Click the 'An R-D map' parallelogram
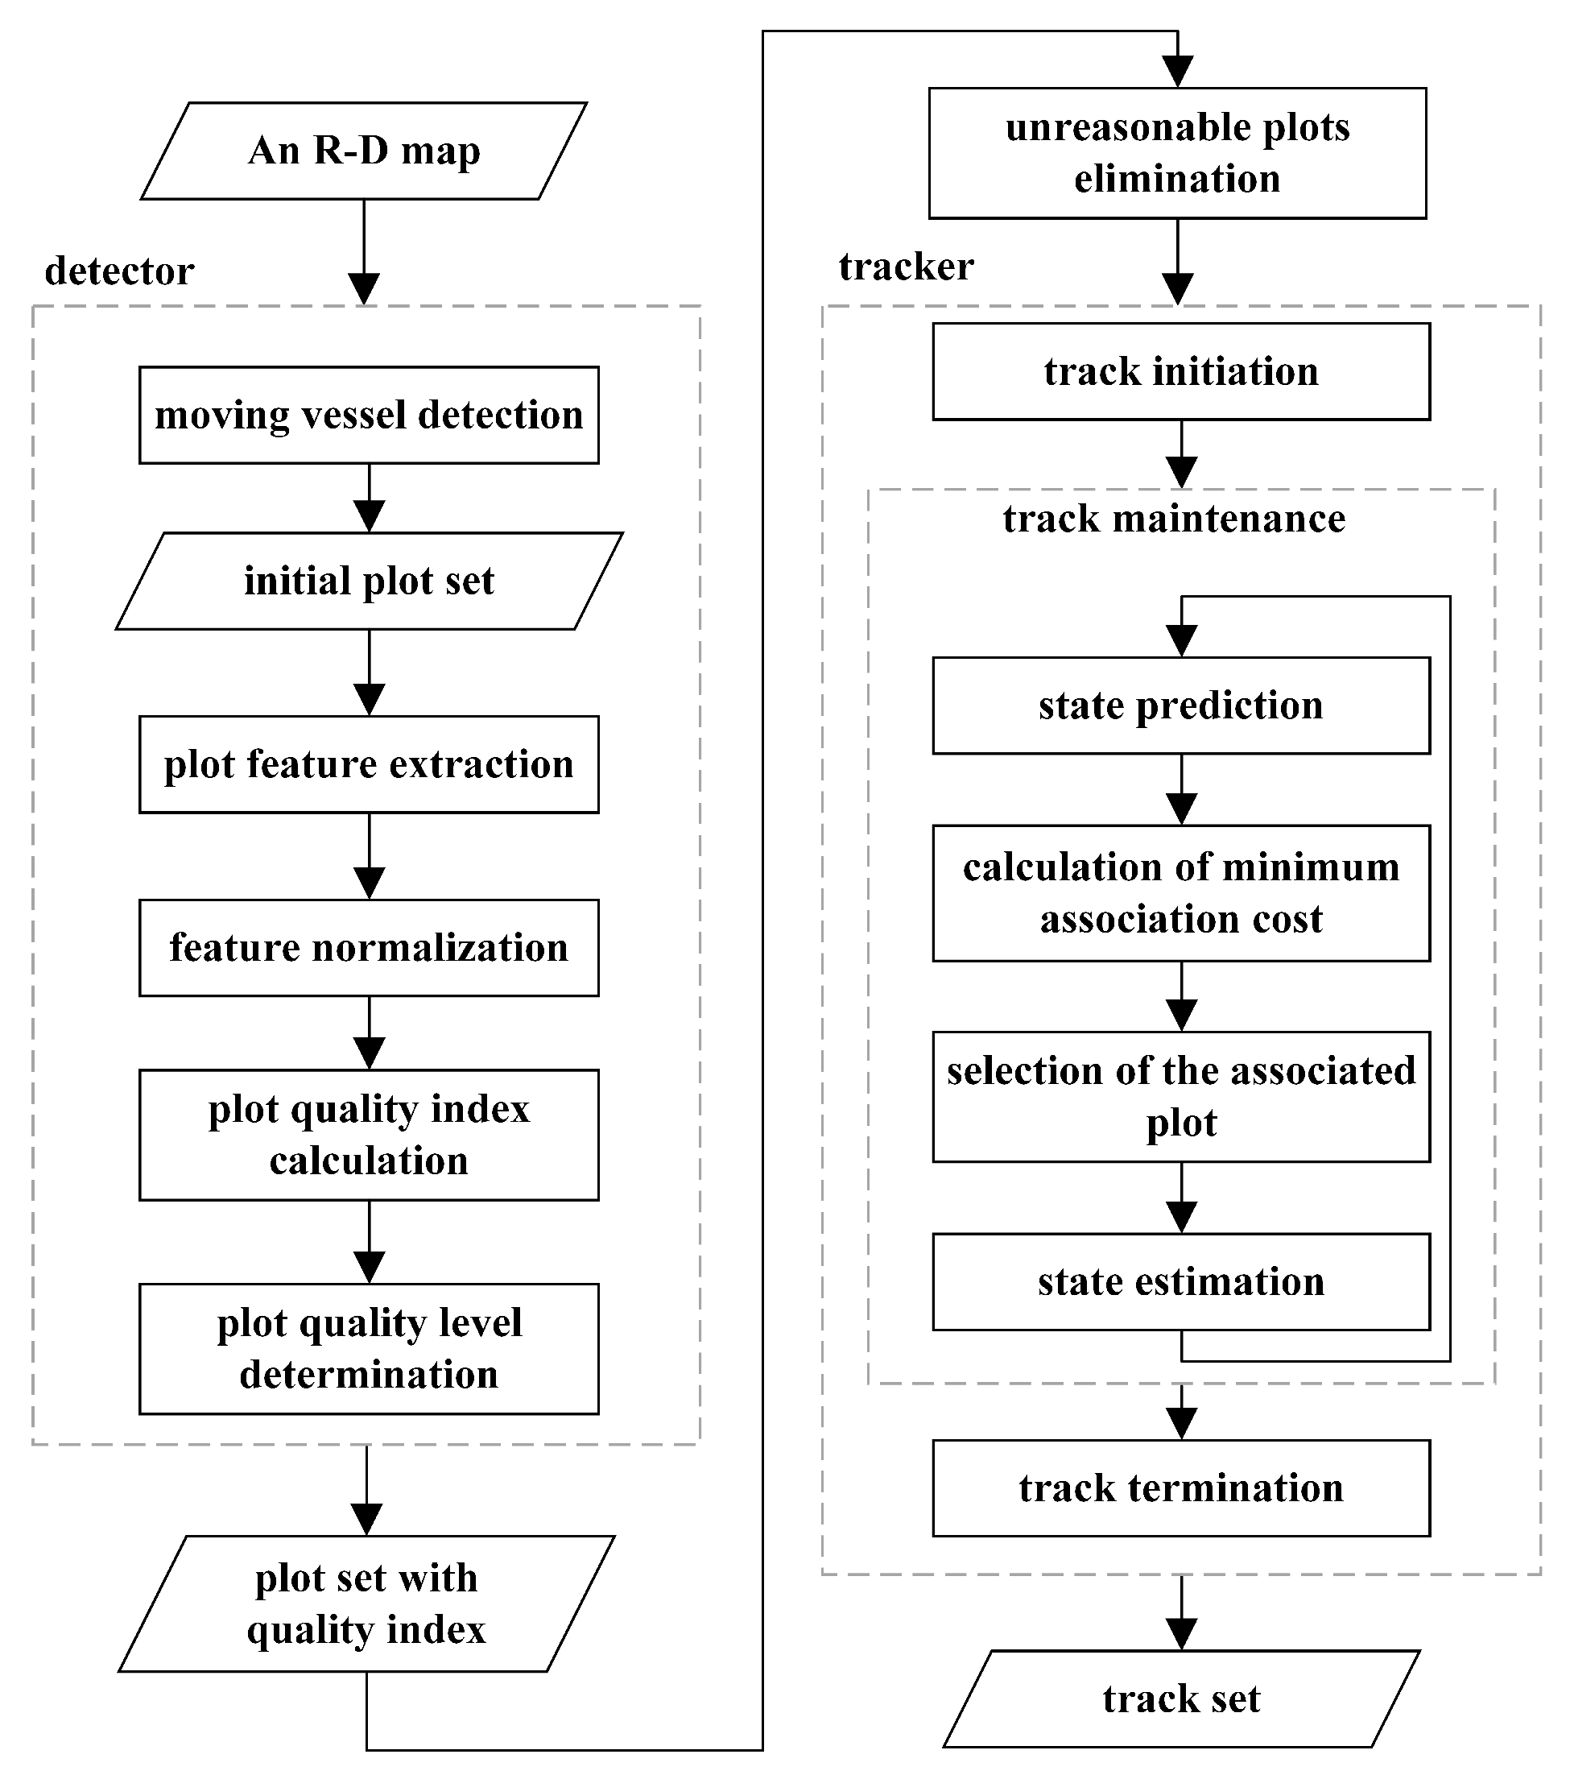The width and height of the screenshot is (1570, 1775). click(x=364, y=151)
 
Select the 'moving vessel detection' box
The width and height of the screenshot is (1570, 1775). click(x=368, y=415)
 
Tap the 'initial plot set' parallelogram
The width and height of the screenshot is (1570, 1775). click(x=369, y=581)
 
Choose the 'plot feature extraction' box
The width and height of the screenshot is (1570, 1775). click(x=368, y=764)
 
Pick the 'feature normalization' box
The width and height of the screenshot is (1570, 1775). click(x=368, y=947)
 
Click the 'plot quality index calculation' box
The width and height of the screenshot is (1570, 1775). click(x=368, y=1134)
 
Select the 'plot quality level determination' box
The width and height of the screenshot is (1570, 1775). click(x=368, y=1349)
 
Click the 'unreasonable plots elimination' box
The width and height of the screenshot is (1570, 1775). click(x=1176, y=153)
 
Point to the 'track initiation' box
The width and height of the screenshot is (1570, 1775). click(x=1181, y=372)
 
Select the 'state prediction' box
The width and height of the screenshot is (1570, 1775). click(x=1181, y=705)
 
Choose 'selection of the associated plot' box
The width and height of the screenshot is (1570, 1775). click(x=1181, y=1097)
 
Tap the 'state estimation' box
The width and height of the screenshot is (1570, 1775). click(x=1181, y=1282)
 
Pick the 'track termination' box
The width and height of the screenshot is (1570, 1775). click(x=1181, y=1488)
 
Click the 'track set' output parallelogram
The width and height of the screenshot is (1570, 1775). click(x=1181, y=1698)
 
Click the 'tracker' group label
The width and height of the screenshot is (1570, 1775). click(x=906, y=267)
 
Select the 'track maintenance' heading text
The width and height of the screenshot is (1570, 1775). click(x=1174, y=519)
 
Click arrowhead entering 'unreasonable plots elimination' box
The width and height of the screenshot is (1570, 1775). click(x=1177, y=72)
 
